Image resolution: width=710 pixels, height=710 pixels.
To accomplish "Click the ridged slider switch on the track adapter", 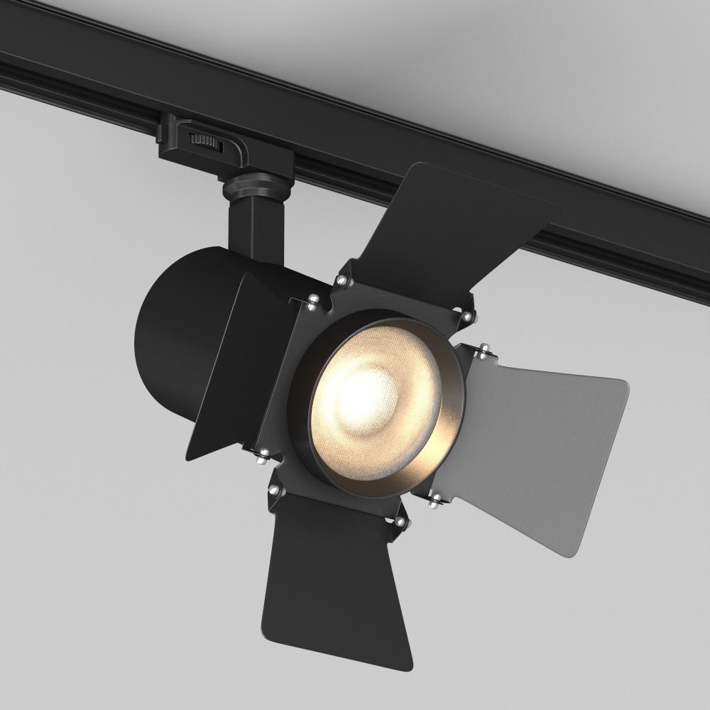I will pos(207,139).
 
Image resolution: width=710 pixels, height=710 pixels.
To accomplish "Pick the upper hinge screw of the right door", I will pos(484,349).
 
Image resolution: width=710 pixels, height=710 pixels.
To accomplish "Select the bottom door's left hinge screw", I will pos(273,490).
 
